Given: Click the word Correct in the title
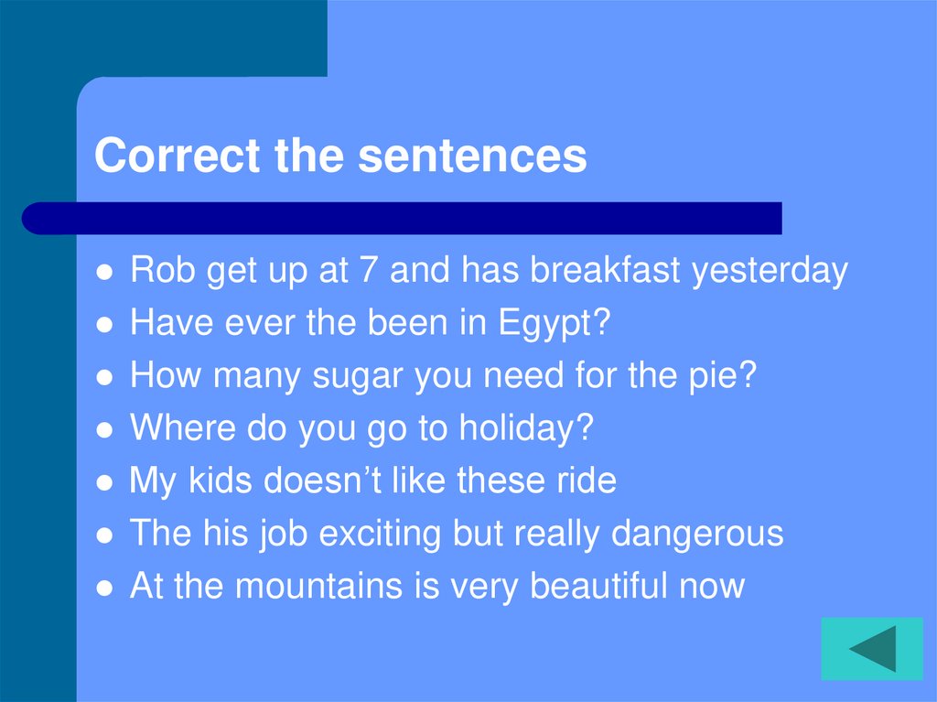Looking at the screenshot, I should [177, 156].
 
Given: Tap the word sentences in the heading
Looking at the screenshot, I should [472, 156].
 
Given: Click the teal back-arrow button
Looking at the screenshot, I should [871, 649].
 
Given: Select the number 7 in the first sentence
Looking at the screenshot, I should [370, 271].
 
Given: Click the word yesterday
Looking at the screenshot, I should [770, 272].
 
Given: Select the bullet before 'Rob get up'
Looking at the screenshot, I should [105, 274].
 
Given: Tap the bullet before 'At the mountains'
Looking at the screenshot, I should [105, 588].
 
